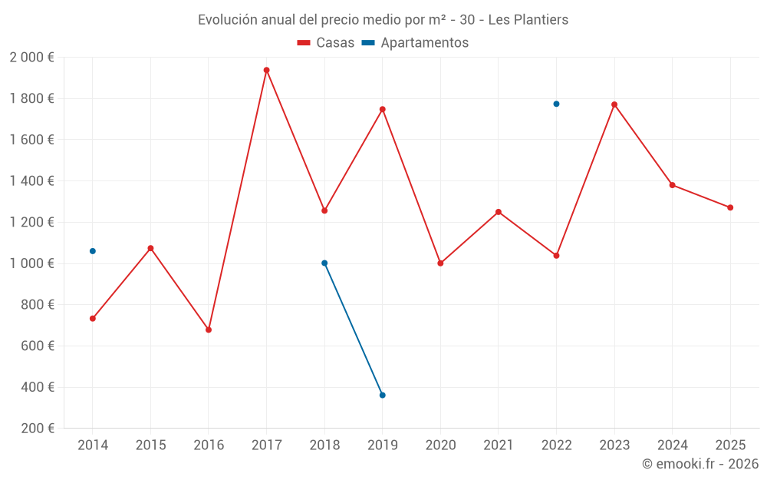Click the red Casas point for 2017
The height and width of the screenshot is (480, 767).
266,70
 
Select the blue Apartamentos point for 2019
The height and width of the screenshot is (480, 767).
382,395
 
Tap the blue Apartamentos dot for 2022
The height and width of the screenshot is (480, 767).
556,104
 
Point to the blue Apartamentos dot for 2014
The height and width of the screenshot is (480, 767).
93,251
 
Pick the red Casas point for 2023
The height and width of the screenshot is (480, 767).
614,104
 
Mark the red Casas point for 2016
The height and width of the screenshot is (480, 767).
209,329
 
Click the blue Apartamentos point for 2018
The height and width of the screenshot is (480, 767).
324,263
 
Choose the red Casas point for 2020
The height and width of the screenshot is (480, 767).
440,263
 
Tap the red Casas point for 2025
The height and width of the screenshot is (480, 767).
730,207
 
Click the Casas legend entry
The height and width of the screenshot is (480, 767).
326,43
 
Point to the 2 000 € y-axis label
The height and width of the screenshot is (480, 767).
31,57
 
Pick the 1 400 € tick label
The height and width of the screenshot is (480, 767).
31,181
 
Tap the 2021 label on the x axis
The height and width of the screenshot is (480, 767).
499,445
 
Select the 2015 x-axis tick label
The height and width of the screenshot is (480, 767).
150,445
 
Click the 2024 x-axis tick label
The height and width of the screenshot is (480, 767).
673,445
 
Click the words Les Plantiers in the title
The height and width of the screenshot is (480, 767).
528,20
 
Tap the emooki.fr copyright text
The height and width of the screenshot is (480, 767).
700,464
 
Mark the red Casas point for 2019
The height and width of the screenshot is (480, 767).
382,109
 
